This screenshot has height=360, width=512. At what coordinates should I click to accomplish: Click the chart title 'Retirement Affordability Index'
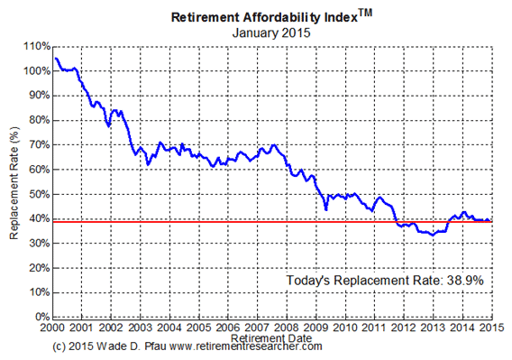click(x=243, y=17)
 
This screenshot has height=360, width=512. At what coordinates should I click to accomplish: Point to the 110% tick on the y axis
click(x=33, y=45)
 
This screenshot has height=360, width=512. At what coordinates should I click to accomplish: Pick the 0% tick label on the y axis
click(x=39, y=318)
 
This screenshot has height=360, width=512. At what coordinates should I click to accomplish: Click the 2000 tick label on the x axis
click(x=54, y=327)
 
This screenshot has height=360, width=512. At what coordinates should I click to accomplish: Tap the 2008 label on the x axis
click(x=287, y=327)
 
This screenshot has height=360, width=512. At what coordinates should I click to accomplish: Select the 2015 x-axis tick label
click(x=489, y=327)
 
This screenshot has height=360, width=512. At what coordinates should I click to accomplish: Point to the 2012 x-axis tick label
click(x=403, y=327)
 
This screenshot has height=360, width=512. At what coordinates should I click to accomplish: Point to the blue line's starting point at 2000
click(x=55, y=58)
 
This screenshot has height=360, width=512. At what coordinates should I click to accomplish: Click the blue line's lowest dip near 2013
click(x=433, y=235)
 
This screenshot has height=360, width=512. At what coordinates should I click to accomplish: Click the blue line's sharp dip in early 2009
click(x=325, y=208)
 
